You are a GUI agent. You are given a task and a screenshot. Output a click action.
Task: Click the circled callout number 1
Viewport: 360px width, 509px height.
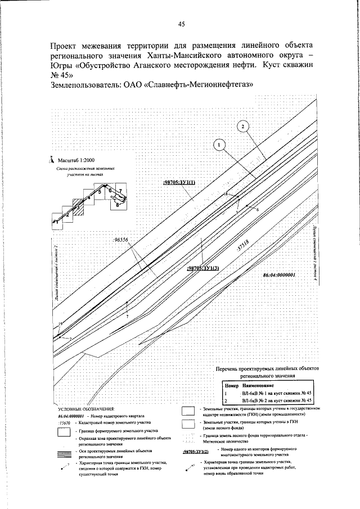[219, 145]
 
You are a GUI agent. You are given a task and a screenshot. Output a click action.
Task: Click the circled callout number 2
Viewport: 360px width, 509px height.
[242, 127]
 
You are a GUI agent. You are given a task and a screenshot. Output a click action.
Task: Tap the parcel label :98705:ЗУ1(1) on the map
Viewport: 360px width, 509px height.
[178, 183]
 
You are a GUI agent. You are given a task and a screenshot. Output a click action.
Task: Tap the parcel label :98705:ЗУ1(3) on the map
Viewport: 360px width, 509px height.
[202, 268]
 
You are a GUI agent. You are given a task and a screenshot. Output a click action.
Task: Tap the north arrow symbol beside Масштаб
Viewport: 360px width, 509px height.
[51, 159]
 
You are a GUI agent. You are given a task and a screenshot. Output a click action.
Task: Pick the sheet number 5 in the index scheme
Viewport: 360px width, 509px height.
[99, 192]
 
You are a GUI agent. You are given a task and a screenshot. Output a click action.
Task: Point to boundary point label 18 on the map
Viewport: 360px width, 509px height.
[226, 193]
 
